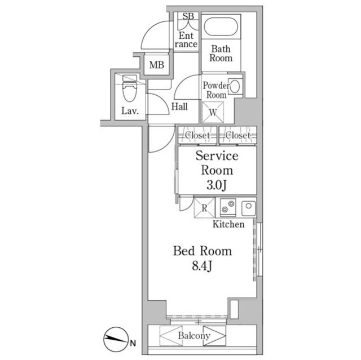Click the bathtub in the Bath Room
point(221,26)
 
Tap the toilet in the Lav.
point(130,88)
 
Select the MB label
point(157,65)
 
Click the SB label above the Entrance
point(188,16)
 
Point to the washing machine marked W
point(213,113)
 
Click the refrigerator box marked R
point(204,208)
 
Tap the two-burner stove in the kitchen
point(228,207)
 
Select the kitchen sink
point(248,208)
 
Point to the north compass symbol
point(115,339)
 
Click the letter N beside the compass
point(133,344)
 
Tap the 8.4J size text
point(202,266)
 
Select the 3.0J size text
point(217,185)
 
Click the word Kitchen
point(228,224)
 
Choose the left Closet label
point(197,135)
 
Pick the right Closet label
point(238,135)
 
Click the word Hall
point(179,106)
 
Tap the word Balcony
point(194,336)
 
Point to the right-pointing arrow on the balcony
point(214,336)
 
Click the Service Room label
point(217,163)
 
